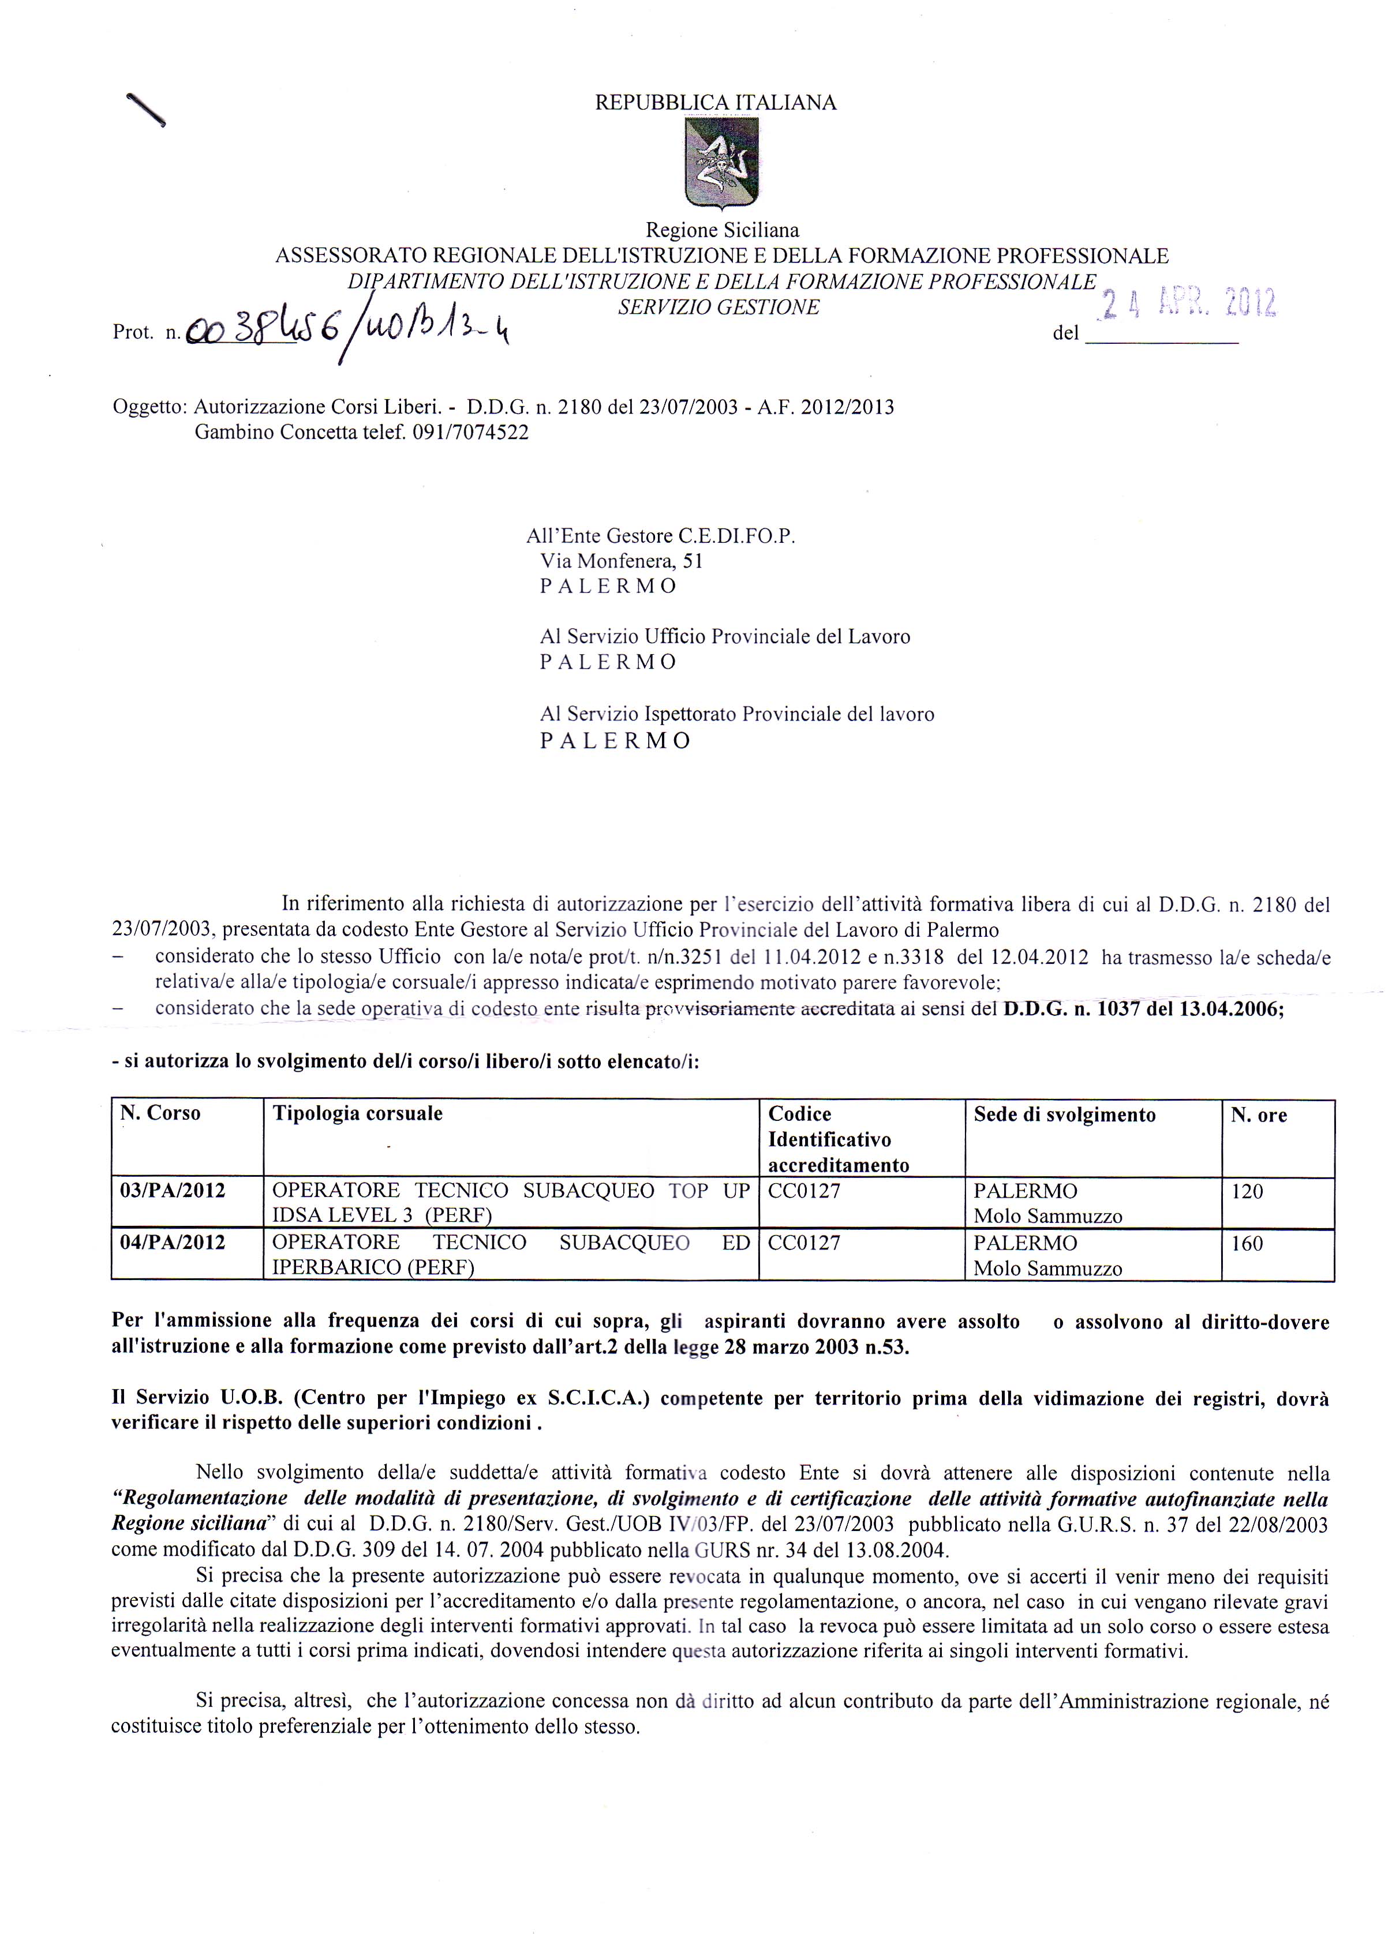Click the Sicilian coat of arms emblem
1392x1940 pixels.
pos(721,163)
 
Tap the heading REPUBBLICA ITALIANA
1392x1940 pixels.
pos(715,103)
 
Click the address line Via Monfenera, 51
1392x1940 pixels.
pos(621,561)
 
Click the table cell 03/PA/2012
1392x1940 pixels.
pos(173,1190)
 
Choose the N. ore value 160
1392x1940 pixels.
pos(1247,1243)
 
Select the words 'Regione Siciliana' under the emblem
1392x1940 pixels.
pos(722,229)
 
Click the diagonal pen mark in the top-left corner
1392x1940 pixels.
pos(145,110)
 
